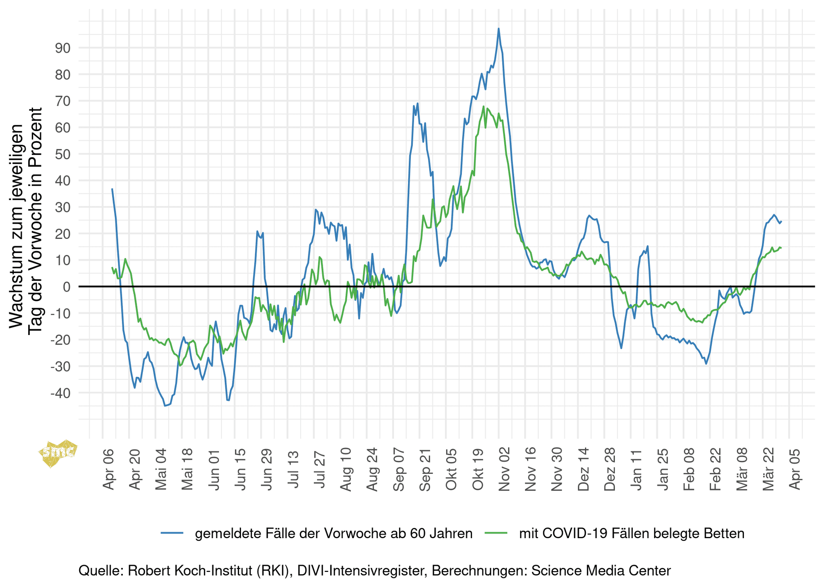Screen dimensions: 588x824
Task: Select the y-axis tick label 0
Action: click(x=67, y=287)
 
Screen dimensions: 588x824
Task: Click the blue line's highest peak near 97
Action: click(x=499, y=29)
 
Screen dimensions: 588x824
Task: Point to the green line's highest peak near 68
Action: click(x=483, y=107)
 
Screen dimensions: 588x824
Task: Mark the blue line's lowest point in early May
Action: click(x=165, y=406)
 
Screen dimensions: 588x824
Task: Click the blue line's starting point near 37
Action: click(x=112, y=189)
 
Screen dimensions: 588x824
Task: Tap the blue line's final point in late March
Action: click(x=781, y=221)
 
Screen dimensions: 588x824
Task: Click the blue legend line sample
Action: click(x=172, y=533)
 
